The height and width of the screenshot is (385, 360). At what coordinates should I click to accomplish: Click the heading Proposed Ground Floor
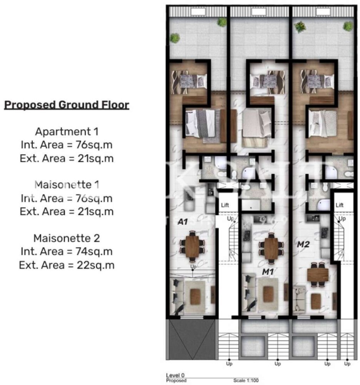click(x=66, y=105)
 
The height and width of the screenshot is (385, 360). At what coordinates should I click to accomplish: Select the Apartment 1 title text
click(x=67, y=132)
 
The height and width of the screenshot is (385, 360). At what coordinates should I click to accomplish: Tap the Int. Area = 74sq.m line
click(x=67, y=252)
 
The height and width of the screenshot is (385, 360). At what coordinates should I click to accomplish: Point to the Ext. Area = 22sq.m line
click(x=67, y=265)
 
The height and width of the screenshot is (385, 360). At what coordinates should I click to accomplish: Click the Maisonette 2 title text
click(x=67, y=238)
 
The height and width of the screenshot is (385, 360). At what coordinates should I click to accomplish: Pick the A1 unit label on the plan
click(x=182, y=222)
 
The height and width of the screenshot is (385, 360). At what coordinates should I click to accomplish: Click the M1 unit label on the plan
click(x=268, y=272)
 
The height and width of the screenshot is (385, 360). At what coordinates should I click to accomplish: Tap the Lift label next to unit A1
click(x=225, y=206)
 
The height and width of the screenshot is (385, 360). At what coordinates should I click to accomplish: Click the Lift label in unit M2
click(x=339, y=205)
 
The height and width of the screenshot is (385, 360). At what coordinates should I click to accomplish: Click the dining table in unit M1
click(x=271, y=248)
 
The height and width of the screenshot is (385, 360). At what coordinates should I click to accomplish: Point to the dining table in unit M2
click(x=318, y=275)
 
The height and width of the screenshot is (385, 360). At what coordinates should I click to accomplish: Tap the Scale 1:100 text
click(x=246, y=380)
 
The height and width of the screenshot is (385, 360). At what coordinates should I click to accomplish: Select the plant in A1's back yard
click(x=175, y=38)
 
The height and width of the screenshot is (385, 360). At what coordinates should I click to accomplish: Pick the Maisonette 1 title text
click(x=67, y=185)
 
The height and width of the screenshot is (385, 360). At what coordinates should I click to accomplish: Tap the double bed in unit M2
click(x=323, y=124)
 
